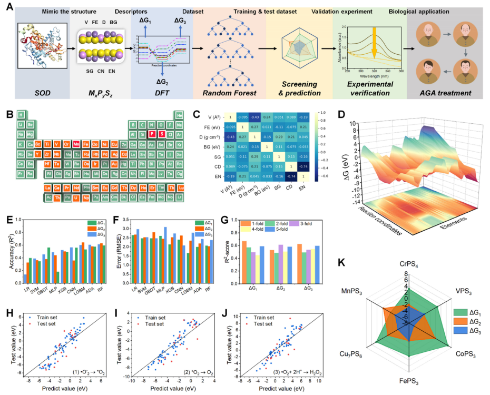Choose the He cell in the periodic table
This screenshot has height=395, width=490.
(x=180, y=115)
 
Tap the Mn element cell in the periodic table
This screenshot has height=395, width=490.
(x=77, y=144)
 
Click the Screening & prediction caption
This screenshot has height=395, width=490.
(x=299, y=89)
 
